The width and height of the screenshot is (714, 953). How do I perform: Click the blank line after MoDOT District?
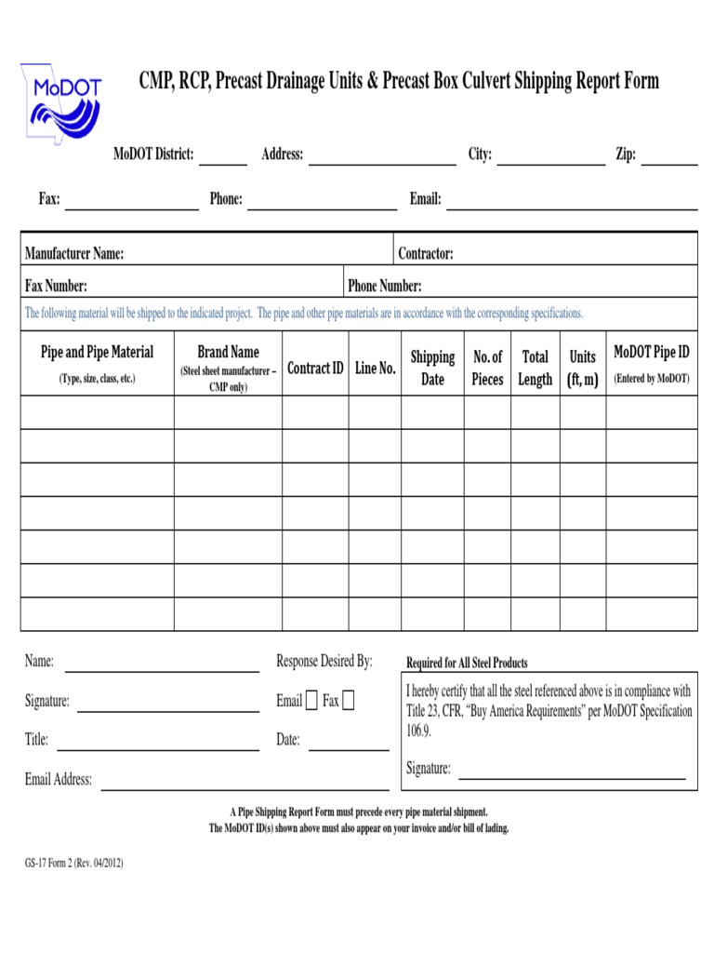(223, 158)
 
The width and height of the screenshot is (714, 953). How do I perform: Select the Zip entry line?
(669, 158)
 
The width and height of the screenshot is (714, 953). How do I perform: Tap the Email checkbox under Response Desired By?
(311, 701)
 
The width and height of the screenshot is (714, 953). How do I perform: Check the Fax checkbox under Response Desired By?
(348, 701)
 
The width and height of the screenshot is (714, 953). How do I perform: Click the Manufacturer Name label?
(74, 253)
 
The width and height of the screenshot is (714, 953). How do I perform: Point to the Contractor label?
(426, 253)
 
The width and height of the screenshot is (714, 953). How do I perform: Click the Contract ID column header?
(315, 369)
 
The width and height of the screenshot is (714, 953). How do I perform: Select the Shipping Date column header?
(432, 369)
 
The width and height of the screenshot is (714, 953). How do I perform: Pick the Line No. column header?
(376, 369)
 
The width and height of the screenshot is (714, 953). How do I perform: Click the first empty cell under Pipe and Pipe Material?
(97, 412)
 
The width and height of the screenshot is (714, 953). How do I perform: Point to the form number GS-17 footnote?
(73, 863)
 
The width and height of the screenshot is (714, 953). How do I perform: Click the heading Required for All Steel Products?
(467, 663)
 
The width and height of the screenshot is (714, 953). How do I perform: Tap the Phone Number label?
(384, 286)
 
